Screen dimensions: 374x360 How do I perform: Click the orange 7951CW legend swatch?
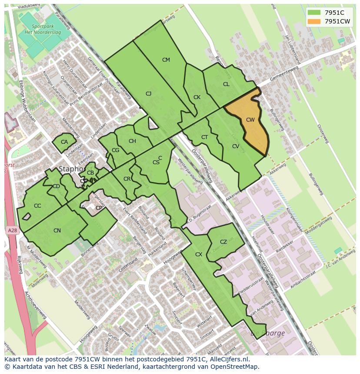[x=314, y=21]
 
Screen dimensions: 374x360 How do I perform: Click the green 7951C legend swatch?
[x=314, y=13]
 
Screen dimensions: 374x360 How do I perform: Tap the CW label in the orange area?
[x=250, y=120]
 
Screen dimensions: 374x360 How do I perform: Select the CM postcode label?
[x=166, y=60]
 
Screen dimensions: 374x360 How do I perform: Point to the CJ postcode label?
[x=148, y=94]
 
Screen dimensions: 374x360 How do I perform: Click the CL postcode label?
[x=226, y=84]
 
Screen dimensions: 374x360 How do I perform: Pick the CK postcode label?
[x=197, y=97]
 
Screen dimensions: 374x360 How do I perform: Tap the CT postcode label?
[x=205, y=137]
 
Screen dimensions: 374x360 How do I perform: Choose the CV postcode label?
[x=236, y=146]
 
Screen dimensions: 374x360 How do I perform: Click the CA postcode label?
[x=64, y=142]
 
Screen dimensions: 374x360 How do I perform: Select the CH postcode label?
[x=132, y=141]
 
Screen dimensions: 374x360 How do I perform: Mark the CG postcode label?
[x=115, y=150]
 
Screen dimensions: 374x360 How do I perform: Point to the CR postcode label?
[x=127, y=179]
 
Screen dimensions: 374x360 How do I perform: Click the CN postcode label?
[x=57, y=231]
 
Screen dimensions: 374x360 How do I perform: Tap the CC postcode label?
[x=37, y=206]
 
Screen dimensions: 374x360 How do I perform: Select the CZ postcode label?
[x=223, y=242]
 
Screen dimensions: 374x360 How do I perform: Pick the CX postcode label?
[x=199, y=255]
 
